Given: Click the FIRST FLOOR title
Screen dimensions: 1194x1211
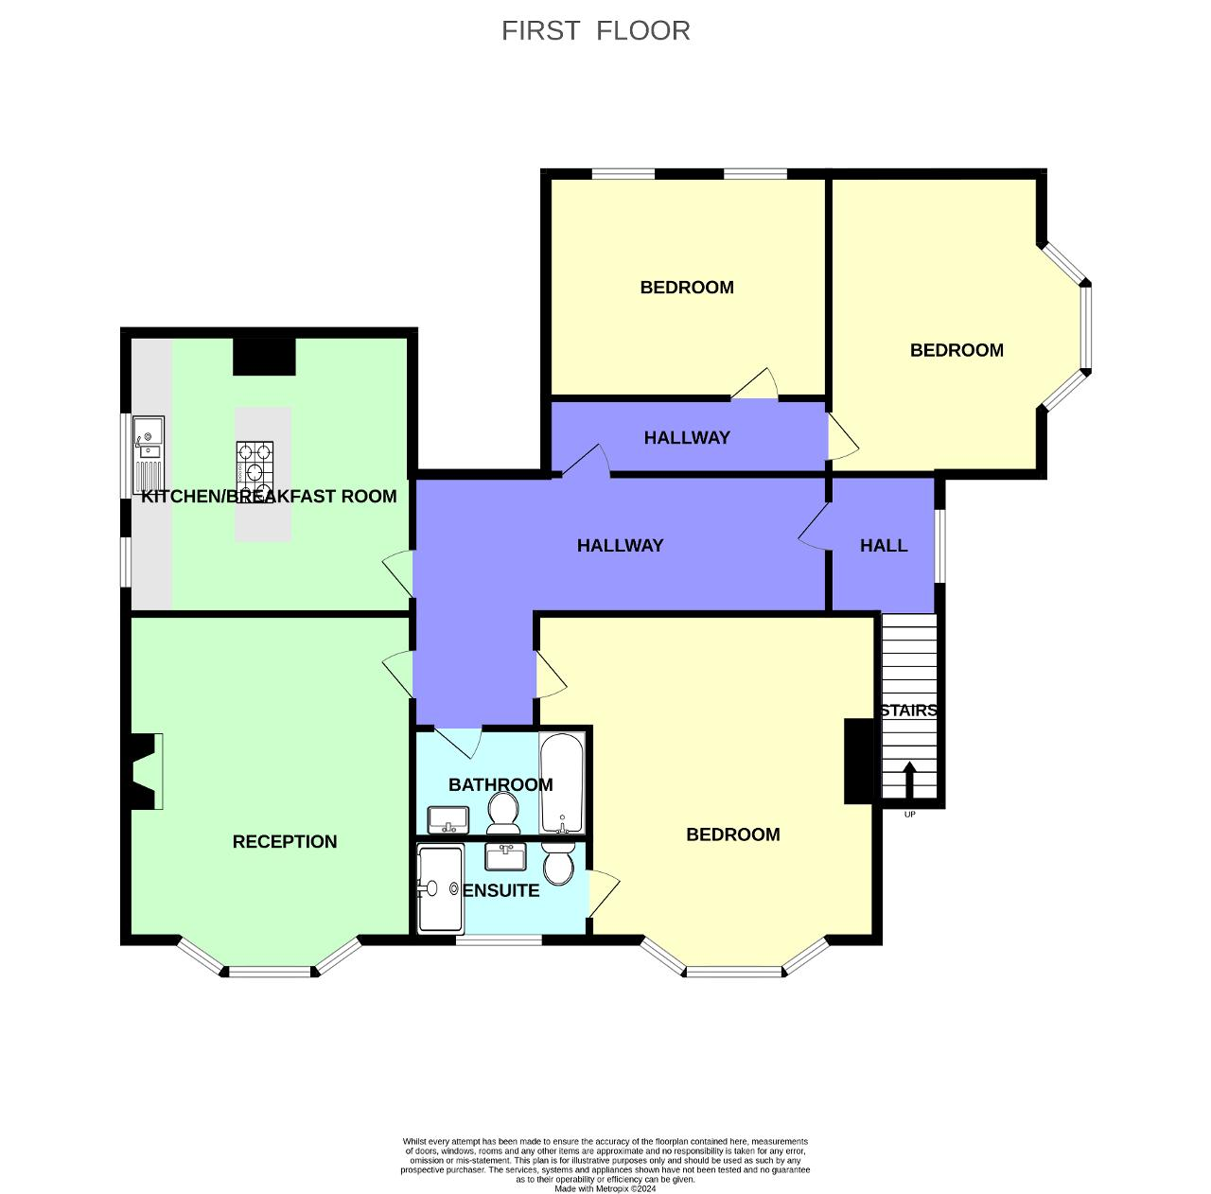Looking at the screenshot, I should (595, 30).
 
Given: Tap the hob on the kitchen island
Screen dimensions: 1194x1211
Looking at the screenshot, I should (254, 461).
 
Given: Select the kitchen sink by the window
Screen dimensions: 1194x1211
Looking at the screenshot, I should (148, 438).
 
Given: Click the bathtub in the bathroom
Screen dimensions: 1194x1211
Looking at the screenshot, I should (562, 782).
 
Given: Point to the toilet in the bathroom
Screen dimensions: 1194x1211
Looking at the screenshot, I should (502, 813).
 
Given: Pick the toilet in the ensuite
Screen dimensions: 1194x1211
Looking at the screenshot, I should (558, 862).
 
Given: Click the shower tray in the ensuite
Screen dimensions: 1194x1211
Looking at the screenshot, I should (440, 889).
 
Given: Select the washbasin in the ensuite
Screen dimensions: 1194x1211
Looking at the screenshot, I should (505, 856).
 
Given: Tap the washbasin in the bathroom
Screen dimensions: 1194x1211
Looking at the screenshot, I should (448, 818).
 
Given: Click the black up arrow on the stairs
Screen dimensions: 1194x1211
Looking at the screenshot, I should (909, 781).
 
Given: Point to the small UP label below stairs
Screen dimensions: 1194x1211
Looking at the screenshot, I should (909, 815).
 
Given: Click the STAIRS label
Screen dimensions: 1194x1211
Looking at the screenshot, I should (908, 711).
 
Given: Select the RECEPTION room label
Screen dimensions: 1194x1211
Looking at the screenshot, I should (285, 842).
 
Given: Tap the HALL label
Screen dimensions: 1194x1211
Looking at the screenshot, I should (884, 546).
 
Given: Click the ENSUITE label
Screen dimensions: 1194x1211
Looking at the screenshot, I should (501, 891).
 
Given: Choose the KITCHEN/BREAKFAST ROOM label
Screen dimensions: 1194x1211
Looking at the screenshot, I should (269, 497).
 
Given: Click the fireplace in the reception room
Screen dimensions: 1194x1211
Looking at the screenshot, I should (144, 771).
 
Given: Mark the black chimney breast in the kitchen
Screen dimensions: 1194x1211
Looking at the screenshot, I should (264, 357).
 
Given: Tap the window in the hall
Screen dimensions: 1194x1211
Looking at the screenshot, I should (939, 546).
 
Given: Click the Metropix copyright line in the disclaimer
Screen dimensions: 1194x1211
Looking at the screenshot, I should (605, 1188).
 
